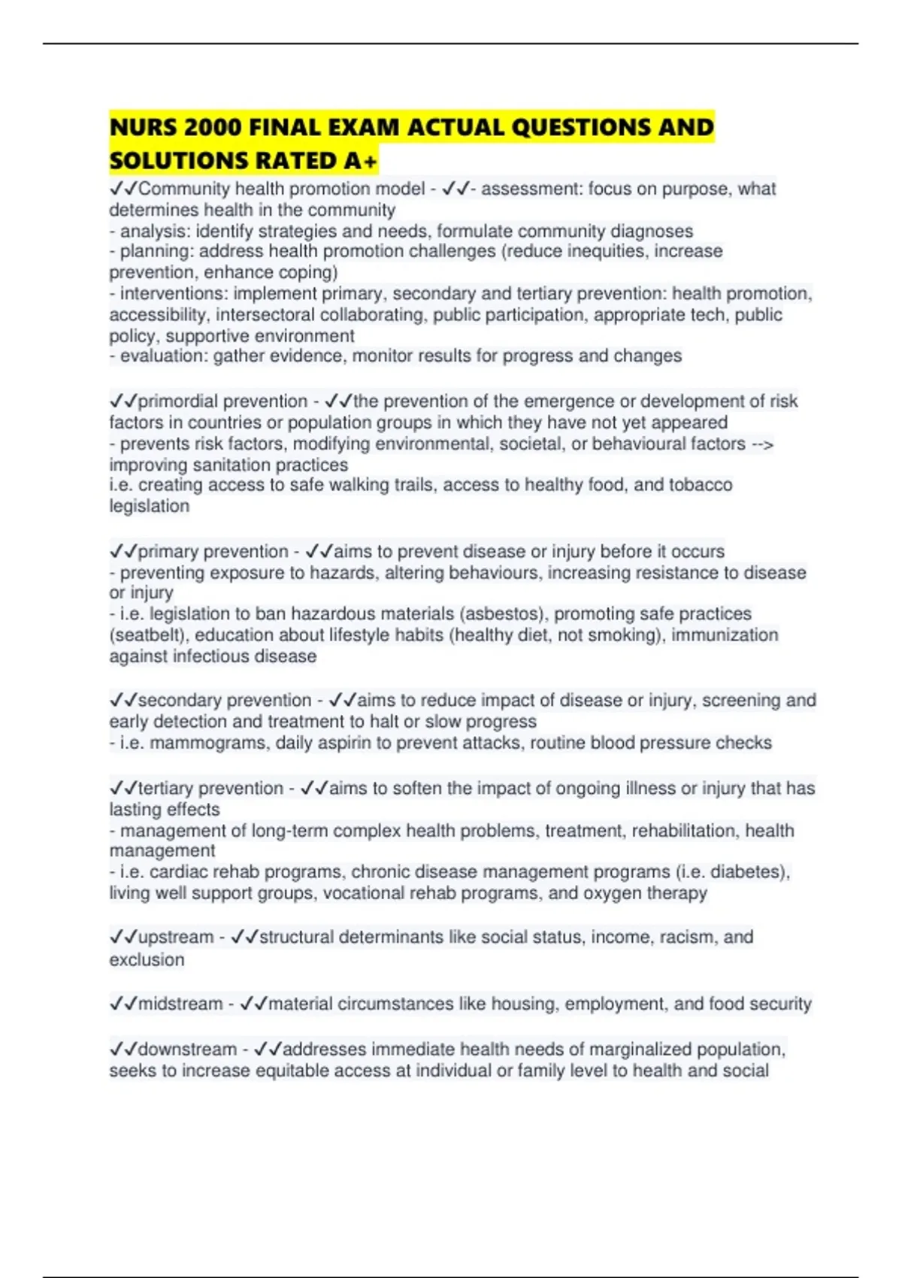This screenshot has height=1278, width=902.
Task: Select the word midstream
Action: pyautogui.click(x=180, y=1004)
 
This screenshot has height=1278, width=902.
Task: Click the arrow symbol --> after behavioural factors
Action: pyautogui.click(x=763, y=444)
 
